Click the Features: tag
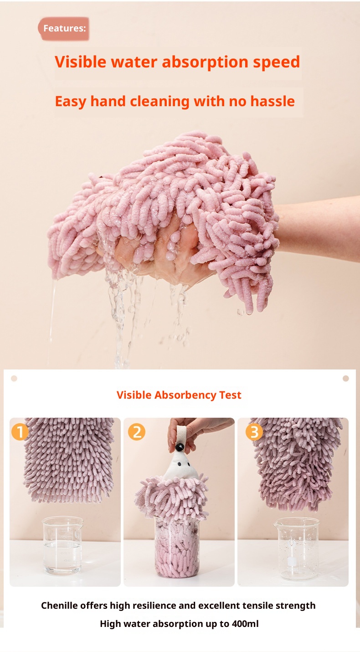coord(64,28)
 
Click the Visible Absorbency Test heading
coord(179,395)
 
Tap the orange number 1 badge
coord(20,431)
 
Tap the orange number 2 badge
coord(137,431)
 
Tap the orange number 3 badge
coord(254,431)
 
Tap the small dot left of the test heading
coord(14,378)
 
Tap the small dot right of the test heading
coord(345,378)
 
